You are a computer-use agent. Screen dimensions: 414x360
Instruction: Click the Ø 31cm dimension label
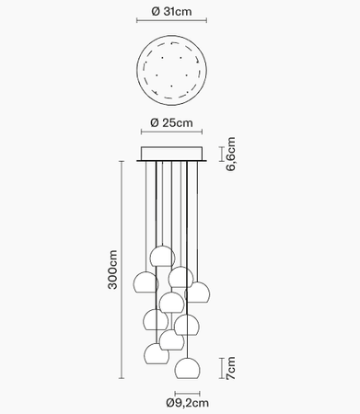[172, 11]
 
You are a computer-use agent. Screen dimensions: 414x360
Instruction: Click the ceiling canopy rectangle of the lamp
[173, 153]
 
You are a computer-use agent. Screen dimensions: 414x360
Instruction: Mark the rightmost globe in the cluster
[202, 293]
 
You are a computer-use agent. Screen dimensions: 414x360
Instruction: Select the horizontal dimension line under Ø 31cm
[172, 25]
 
